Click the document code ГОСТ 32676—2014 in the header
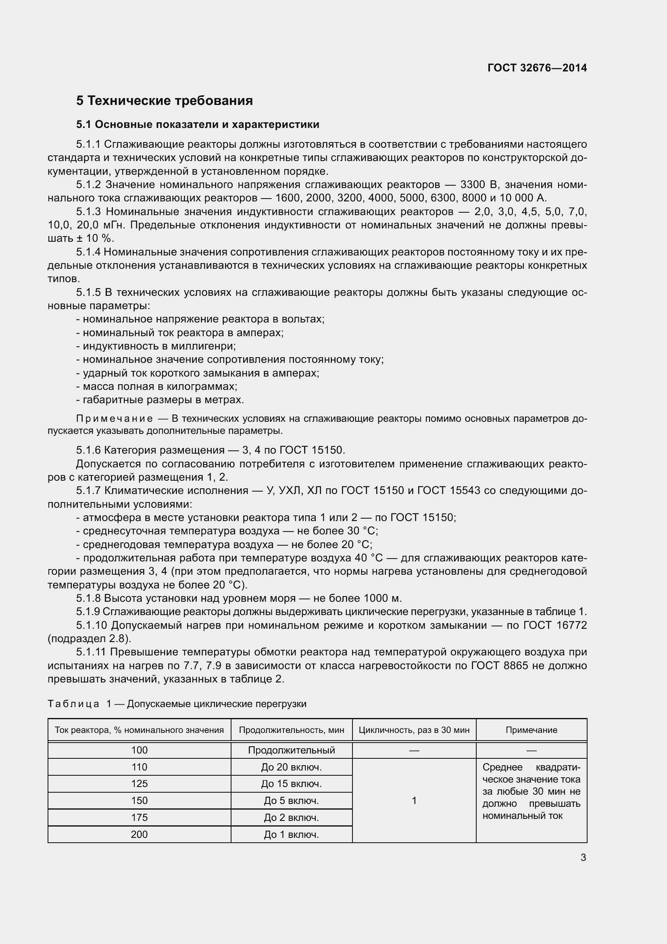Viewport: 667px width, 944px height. [537, 68]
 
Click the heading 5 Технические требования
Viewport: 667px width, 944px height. [164, 101]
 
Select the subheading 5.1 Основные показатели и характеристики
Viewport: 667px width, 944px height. [198, 125]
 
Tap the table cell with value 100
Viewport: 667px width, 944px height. [139, 750]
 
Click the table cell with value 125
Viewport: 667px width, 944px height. [139, 784]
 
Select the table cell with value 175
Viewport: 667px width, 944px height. [139, 817]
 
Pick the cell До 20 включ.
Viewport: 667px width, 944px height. [291, 767]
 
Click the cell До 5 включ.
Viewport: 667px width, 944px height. [291, 800]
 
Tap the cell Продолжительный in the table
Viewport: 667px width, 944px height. [291, 750]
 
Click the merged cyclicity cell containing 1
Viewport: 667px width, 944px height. [414, 800]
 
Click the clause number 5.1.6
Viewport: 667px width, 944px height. [88, 450]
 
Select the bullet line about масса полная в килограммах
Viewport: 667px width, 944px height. [157, 387]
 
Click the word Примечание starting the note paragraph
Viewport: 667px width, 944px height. [115, 419]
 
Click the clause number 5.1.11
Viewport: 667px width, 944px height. [91, 652]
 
